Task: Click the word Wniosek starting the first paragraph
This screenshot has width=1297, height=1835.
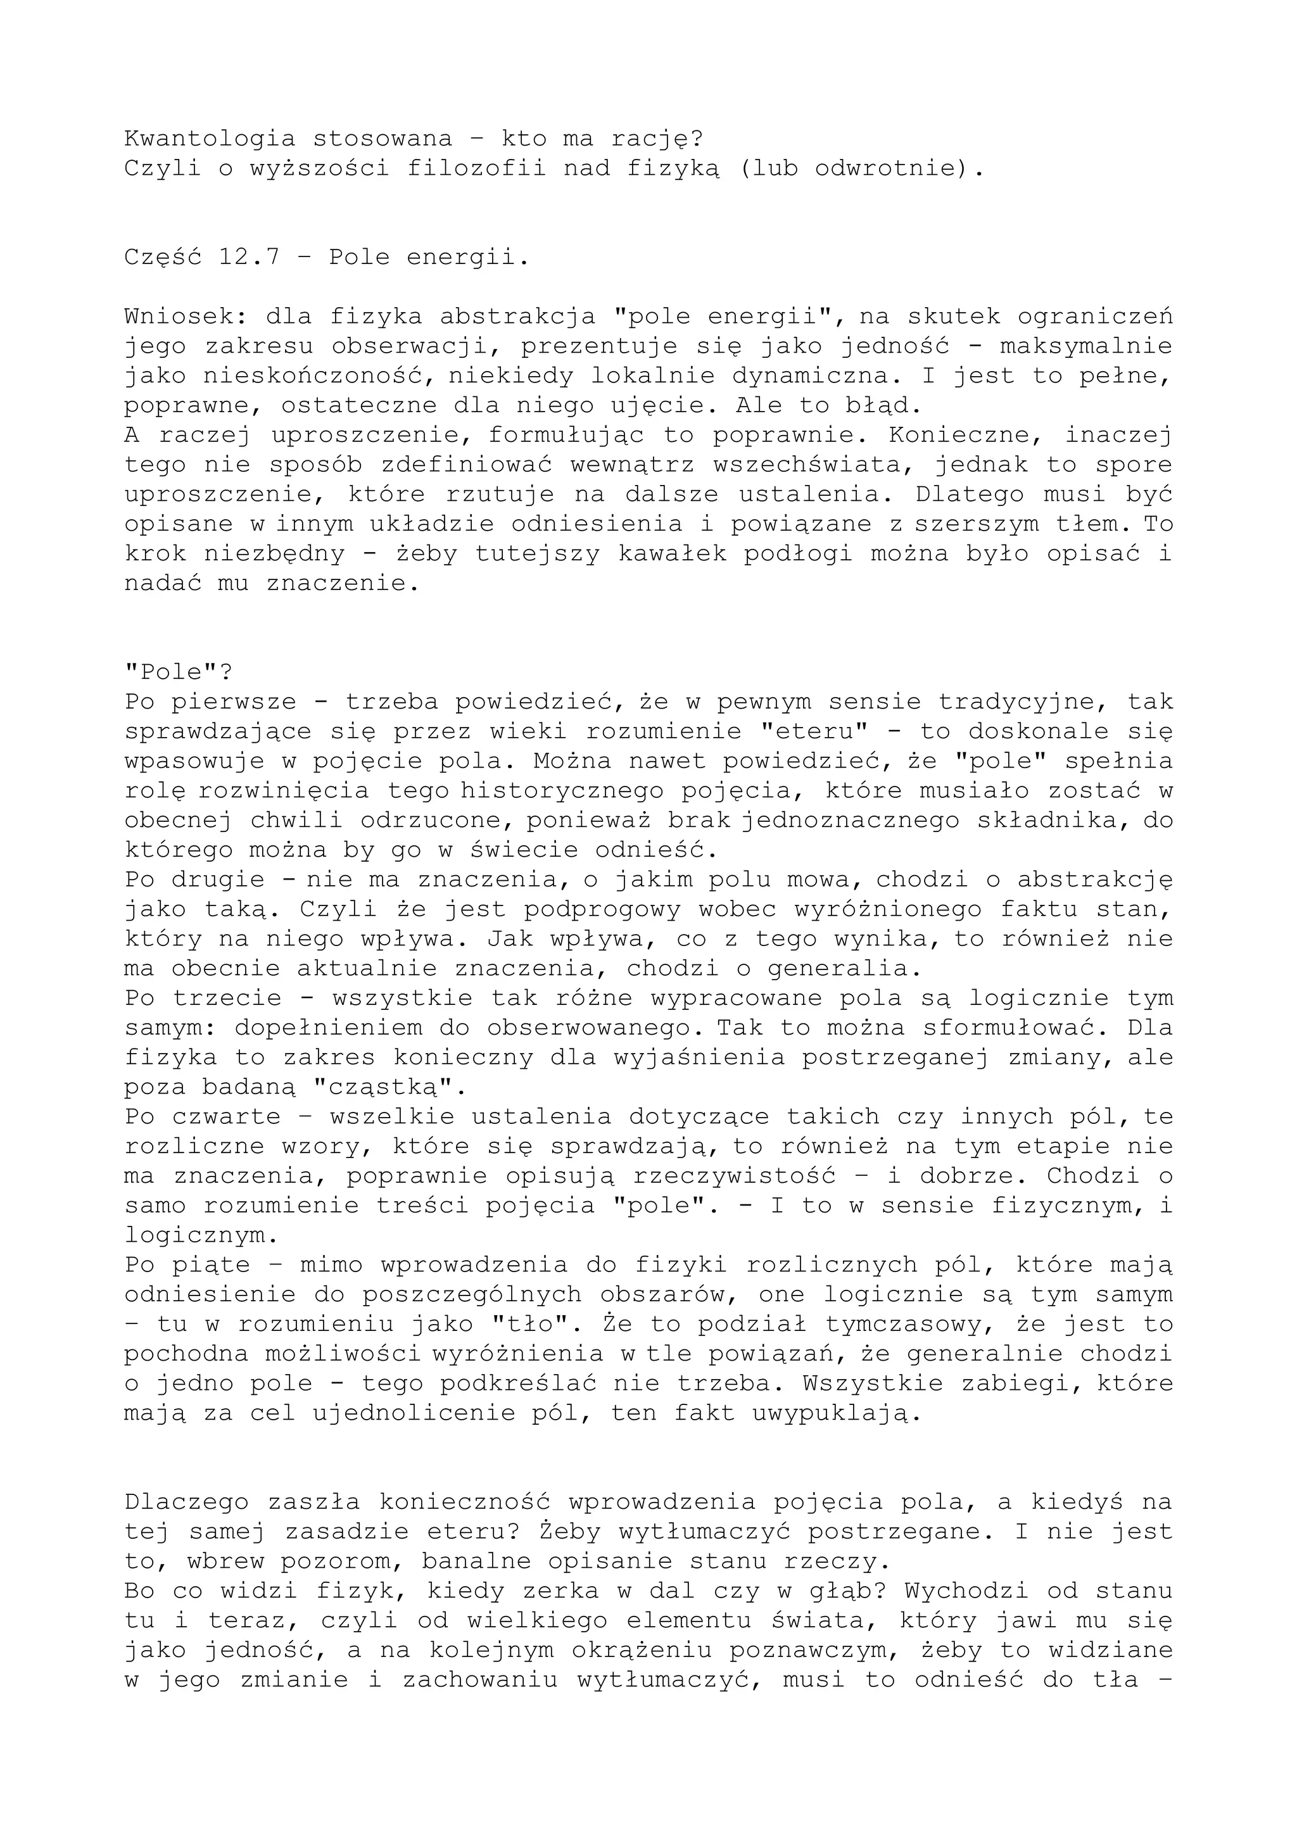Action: click(186, 317)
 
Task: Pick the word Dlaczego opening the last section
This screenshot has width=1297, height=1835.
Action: click(186, 1502)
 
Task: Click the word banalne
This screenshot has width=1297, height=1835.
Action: click(476, 1561)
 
